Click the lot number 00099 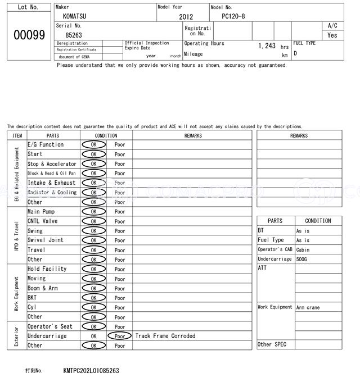[x=29, y=35]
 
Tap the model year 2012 [x=186, y=17]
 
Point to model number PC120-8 [x=233, y=16]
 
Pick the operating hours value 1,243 [x=267, y=46]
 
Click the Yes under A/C [x=332, y=35]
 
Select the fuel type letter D [x=295, y=53]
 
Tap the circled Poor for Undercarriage [x=120, y=336]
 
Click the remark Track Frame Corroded [x=165, y=336]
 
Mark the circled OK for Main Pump [x=93, y=212]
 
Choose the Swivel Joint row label [x=45, y=240]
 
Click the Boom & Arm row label [x=43, y=288]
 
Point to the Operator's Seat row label [x=50, y=326]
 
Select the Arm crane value [x=308, y=307]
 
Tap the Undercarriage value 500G [x=303, y=259]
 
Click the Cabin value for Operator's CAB [x=303, y=249]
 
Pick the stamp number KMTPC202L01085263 [x=91, y=371]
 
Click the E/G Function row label [x=46, y=144]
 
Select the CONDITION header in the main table [x=106, y=135]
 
